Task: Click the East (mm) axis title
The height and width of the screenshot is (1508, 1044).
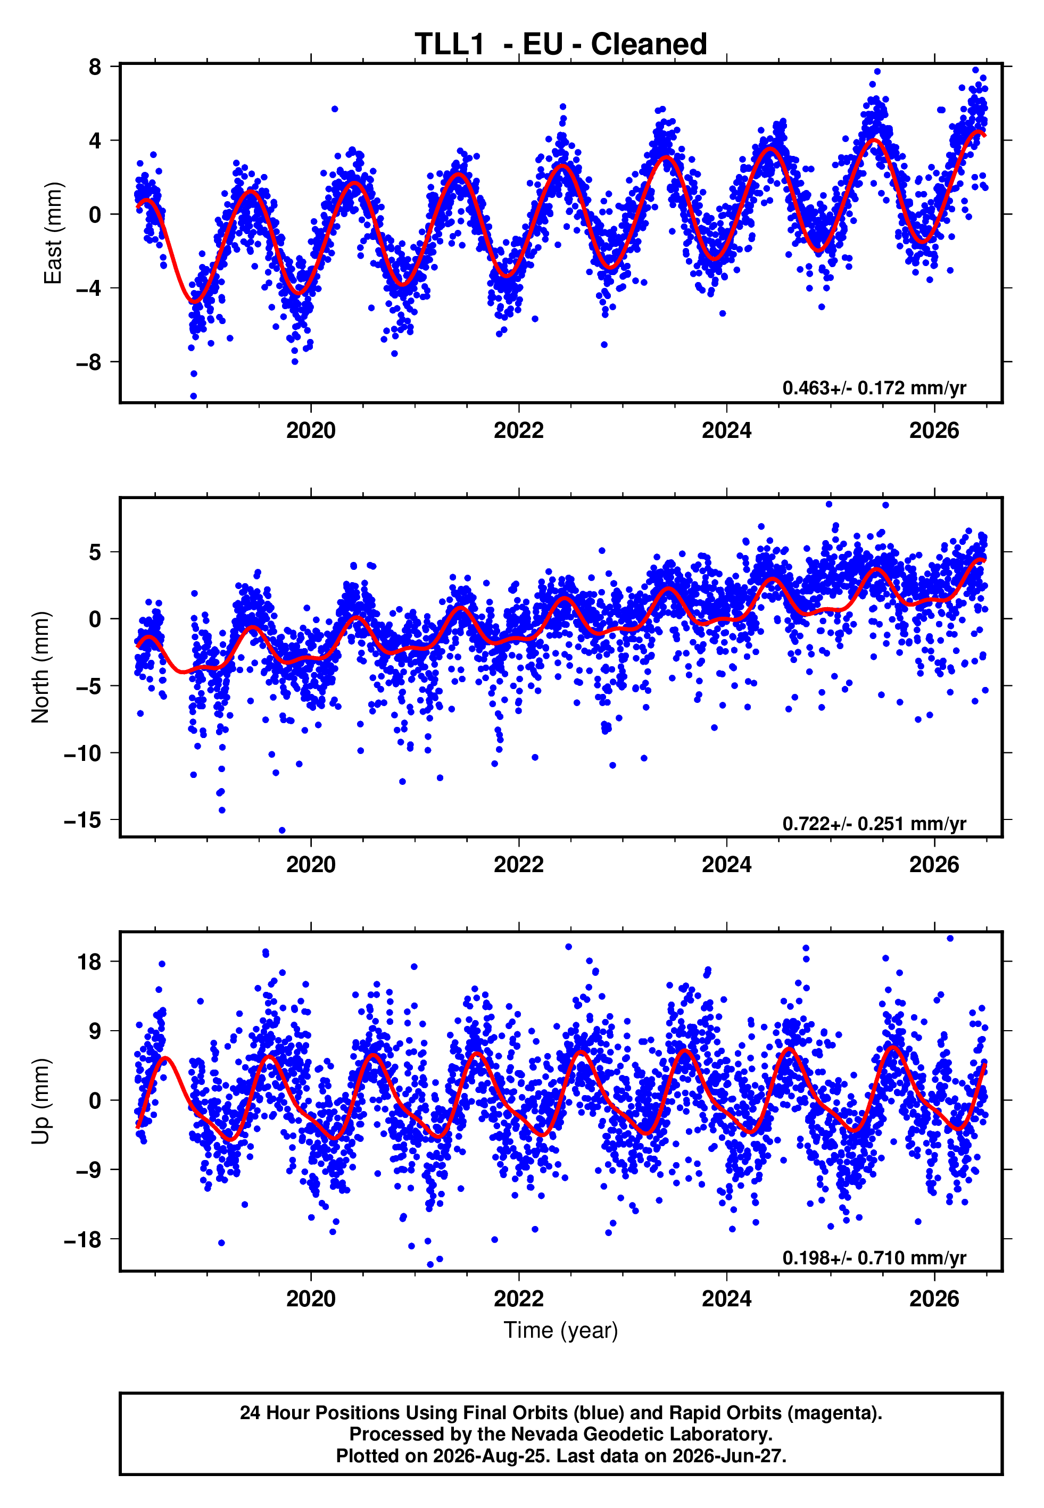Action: click(53, 234)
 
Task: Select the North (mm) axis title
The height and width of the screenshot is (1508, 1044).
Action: click(40, 667)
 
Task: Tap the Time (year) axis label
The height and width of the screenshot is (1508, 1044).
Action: click(561, 1330)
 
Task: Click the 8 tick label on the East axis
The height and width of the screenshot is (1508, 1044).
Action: click(95, 67)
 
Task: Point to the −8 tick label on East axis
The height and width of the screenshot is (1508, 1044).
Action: click(88, 362)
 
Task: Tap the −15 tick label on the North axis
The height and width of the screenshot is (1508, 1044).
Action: click(83, 819)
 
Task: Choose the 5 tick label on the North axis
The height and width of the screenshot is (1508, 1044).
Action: click(95, 552)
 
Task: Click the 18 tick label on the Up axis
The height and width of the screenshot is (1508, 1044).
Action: click(89, 962)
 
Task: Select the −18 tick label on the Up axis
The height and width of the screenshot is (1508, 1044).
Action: click(83, 1239)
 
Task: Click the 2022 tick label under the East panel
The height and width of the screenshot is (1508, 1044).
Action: click(519, 430)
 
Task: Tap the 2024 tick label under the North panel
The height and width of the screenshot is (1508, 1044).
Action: click(727, 865)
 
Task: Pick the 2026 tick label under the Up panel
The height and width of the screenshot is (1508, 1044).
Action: click(934, 1299)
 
